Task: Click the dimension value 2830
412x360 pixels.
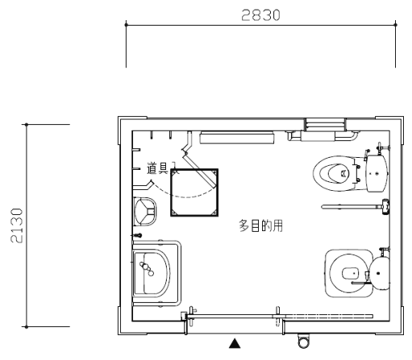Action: [x=260, y=15]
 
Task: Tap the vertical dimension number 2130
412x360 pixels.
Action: [x=17, y=226]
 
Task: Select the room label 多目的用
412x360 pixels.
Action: [x=260, y=226]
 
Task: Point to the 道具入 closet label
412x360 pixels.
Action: [x=161, y=168]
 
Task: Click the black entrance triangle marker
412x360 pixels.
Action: [x=235, y=343]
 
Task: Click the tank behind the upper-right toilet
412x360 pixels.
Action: [x=377, y=173]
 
